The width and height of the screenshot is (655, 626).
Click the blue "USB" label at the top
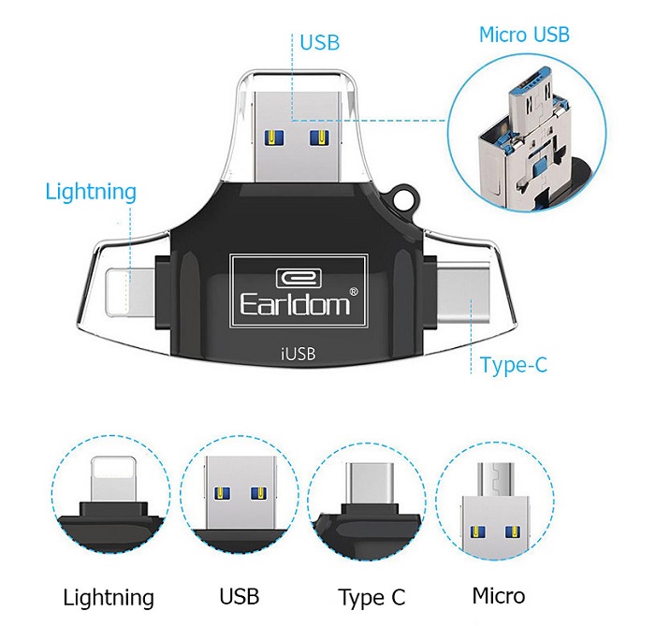point(319,42)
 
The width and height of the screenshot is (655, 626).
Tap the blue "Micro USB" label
point(524,36)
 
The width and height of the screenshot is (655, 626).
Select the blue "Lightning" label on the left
point(91,193)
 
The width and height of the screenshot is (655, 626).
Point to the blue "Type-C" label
point(513,365)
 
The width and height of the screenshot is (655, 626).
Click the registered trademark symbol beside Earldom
point(353,291)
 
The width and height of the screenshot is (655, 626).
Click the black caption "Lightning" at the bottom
point(109,598)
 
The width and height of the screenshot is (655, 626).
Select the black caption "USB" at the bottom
point(239,596)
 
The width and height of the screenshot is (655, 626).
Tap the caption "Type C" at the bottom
point(372,598)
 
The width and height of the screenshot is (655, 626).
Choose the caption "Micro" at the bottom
point(499,596)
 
